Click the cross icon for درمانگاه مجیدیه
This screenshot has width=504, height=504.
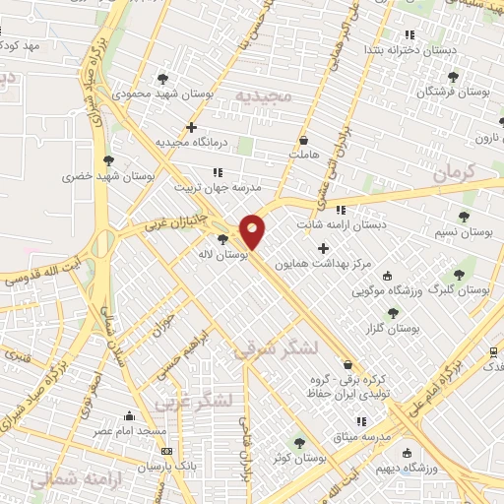(191, 127)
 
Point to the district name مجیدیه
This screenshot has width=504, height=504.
(259, 95)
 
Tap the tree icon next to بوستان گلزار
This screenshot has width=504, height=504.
(393, 313)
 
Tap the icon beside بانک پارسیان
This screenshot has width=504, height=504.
(164, 451)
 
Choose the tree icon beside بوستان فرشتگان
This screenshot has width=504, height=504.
(452, 76)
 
